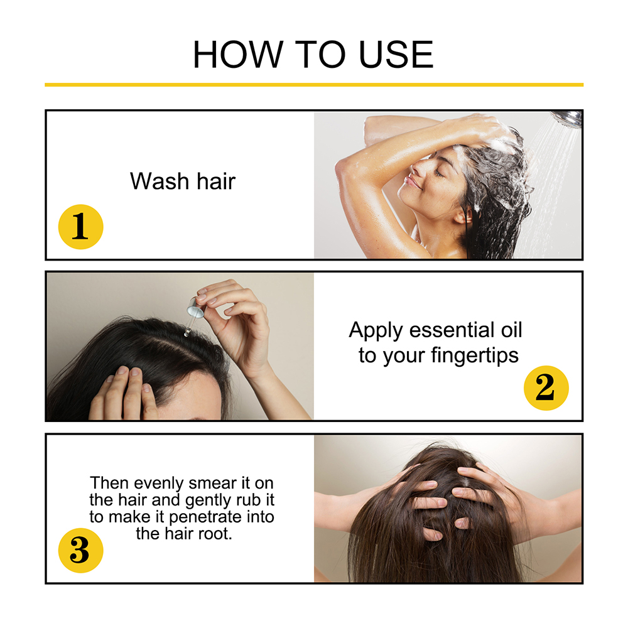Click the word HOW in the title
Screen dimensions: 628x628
pos(239,55)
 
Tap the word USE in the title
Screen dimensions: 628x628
pos(396,55)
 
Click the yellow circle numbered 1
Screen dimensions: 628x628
pos(80,227)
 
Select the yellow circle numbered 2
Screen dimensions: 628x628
pos(546,387)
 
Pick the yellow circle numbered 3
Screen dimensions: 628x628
pos(80,550)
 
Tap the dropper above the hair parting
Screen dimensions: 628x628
pos(193,315)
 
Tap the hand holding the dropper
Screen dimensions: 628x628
pos(236,320)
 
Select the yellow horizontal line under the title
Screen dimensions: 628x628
pos(314,85)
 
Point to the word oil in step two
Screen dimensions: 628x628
pos(511,330)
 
